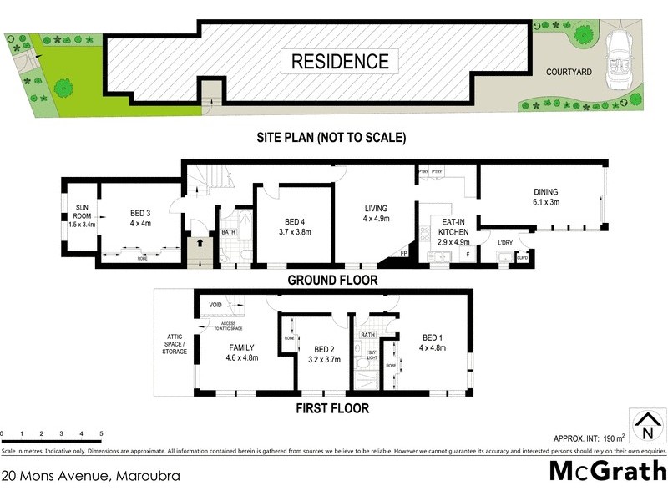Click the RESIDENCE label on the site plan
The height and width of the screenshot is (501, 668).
click(340, 61)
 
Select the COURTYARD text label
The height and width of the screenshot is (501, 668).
click(569, 73)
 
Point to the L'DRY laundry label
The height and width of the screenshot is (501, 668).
click(505, 243)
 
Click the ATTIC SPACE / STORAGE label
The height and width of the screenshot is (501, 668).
click(174, 343)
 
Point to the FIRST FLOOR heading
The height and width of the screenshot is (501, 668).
click(331, 409)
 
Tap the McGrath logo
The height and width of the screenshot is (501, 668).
click(606, 471)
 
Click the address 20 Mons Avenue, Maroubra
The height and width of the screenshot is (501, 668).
click(90, 476)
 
